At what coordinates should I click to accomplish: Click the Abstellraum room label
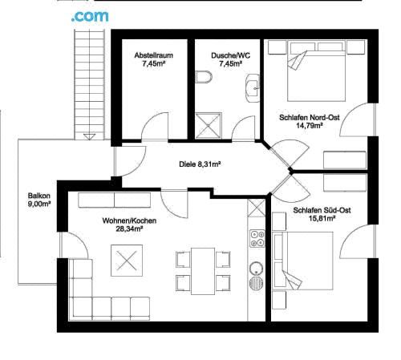[x=154, y=55]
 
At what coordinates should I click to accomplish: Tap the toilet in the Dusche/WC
[x=204, y=77]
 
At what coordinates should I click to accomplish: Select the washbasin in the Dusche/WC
[x=253, y=88]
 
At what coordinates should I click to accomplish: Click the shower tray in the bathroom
[x=209, y=126]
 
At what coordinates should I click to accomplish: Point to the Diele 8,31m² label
[x=200, y=164]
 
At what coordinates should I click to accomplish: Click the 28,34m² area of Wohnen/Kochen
[x=129, y=229]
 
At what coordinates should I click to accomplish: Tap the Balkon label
[x=39, y=196]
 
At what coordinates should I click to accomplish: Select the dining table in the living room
[x=203, y=271]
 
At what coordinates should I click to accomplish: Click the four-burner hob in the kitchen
[x=257, y=238]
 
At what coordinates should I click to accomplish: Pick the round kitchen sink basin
[x=256, y=268]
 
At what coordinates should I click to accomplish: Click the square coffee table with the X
[x=127, y=261]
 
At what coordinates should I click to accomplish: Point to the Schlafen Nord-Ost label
[x=310, y=117]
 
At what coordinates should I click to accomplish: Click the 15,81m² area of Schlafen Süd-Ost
[x=322, y=218]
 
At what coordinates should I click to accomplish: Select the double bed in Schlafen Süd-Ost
[x=303, y=261]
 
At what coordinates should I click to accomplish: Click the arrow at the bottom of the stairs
[x=89, y=136]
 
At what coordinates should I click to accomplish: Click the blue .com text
[x=90, y=16]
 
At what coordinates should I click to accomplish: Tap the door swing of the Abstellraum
[x=155, y=126]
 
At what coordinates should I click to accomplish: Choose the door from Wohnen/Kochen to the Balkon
[x=74, y=245]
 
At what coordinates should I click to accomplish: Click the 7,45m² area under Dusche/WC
[x=230, y=63]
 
